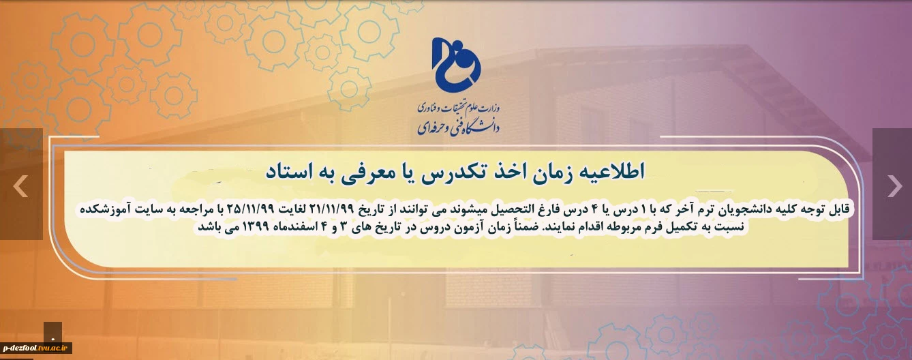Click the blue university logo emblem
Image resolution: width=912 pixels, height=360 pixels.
click(456, 65)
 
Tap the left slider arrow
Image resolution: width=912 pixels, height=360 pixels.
click(20, 185)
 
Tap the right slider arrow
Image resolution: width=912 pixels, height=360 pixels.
click(894, 185)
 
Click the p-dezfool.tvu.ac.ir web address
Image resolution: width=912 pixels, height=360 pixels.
click(35, 348)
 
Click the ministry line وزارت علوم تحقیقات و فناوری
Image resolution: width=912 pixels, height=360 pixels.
click(458, 108)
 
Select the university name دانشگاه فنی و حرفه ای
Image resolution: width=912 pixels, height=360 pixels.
click(458, 128)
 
